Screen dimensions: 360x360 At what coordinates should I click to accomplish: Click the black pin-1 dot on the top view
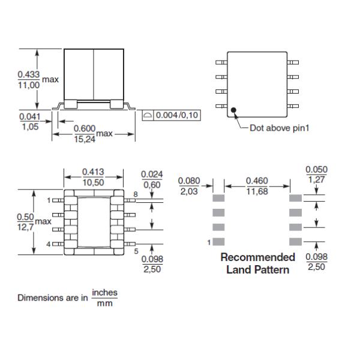pyautogui.click(x=233, y=110)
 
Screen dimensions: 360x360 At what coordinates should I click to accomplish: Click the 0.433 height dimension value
pyautogui.click(x=29, y=74)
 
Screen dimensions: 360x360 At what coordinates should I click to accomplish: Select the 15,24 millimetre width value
pyautogui.click(x=85, y=139)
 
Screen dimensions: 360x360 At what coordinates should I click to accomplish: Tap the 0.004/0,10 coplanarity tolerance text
pyautogui.click(x=177, y=115)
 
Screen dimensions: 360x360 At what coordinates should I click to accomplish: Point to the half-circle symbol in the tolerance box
pyautogui.click(x=148, y=115)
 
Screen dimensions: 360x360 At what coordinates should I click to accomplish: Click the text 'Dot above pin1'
pyautogui.click(x=280, y=128)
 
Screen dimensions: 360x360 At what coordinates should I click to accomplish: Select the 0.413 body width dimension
pyautogui.click(x=93, y=172)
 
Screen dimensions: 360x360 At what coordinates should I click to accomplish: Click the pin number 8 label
pyautogui.click(x=136, y=194)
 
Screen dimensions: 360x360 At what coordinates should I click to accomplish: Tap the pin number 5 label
pyautogui.click(x=136, y=251)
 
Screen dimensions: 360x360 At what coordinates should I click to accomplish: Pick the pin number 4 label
pyautogui.click(x=48, y=244)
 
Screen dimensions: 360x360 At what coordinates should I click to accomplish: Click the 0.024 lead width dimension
pyautogui.click(x=152, y=174)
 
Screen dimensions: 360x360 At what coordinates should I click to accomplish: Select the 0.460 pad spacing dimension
pyautogui.click(x=257, y=181)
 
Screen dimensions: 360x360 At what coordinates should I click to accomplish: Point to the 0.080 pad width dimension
pyautogui.click(x=189, y=181)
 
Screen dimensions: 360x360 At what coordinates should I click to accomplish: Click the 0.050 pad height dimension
pyautogui.click(x=316, y=169)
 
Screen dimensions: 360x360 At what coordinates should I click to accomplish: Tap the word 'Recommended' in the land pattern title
pyautogui.click(x=258, y=257)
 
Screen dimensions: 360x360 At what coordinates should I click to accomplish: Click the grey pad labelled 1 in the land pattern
pyautogui.click(x=218, y=242)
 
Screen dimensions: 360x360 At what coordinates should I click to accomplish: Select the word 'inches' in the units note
pyautogui.click(x=104, y=293)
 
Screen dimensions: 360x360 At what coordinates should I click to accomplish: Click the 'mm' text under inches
pyautogui.click(x=104, y=303)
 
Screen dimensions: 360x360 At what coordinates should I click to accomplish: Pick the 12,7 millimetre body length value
pyautogui.click(x=25, y=227)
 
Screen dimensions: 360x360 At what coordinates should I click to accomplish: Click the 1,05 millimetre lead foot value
pyautogui.click(x=31, y=127)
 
